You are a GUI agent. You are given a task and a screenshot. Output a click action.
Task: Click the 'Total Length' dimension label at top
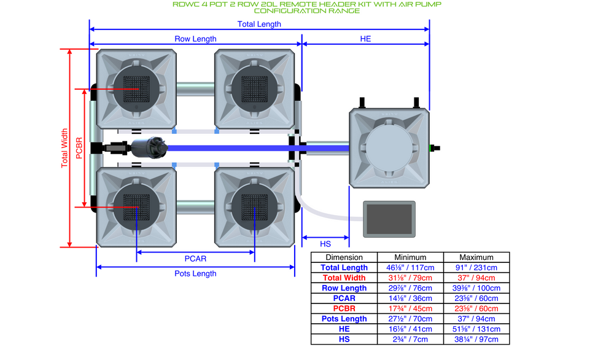click(x=259, y=24)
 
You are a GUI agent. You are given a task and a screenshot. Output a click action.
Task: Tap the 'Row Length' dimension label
click(x=195, y=39)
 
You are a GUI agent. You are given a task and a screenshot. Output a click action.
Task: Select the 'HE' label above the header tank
click(x=365, y=39)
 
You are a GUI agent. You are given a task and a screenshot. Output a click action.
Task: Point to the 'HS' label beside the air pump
click(x=326, y=243)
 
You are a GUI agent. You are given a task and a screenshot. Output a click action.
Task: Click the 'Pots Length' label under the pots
click(x=195, y=273)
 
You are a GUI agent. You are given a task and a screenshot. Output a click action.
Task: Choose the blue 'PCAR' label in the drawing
click(x=195, y=258)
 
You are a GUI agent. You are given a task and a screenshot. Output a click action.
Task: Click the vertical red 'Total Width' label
click(x=64, y=148)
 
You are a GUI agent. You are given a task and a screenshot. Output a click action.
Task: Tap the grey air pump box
click(x=389, y=219)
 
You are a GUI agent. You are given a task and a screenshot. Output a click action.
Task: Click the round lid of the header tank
click(x=389, y=147)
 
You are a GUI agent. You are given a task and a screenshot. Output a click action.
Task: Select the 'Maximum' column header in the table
click(x=476, y=257)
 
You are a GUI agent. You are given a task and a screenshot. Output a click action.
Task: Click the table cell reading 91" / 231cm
click(x=476, y=267)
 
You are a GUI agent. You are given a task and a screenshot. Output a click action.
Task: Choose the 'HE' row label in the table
click(x=344, y=329)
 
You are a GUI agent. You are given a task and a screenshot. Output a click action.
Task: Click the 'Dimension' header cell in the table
click(x=344, y=257)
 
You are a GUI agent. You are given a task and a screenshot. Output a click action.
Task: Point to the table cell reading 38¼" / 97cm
click(x=476, y=339)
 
